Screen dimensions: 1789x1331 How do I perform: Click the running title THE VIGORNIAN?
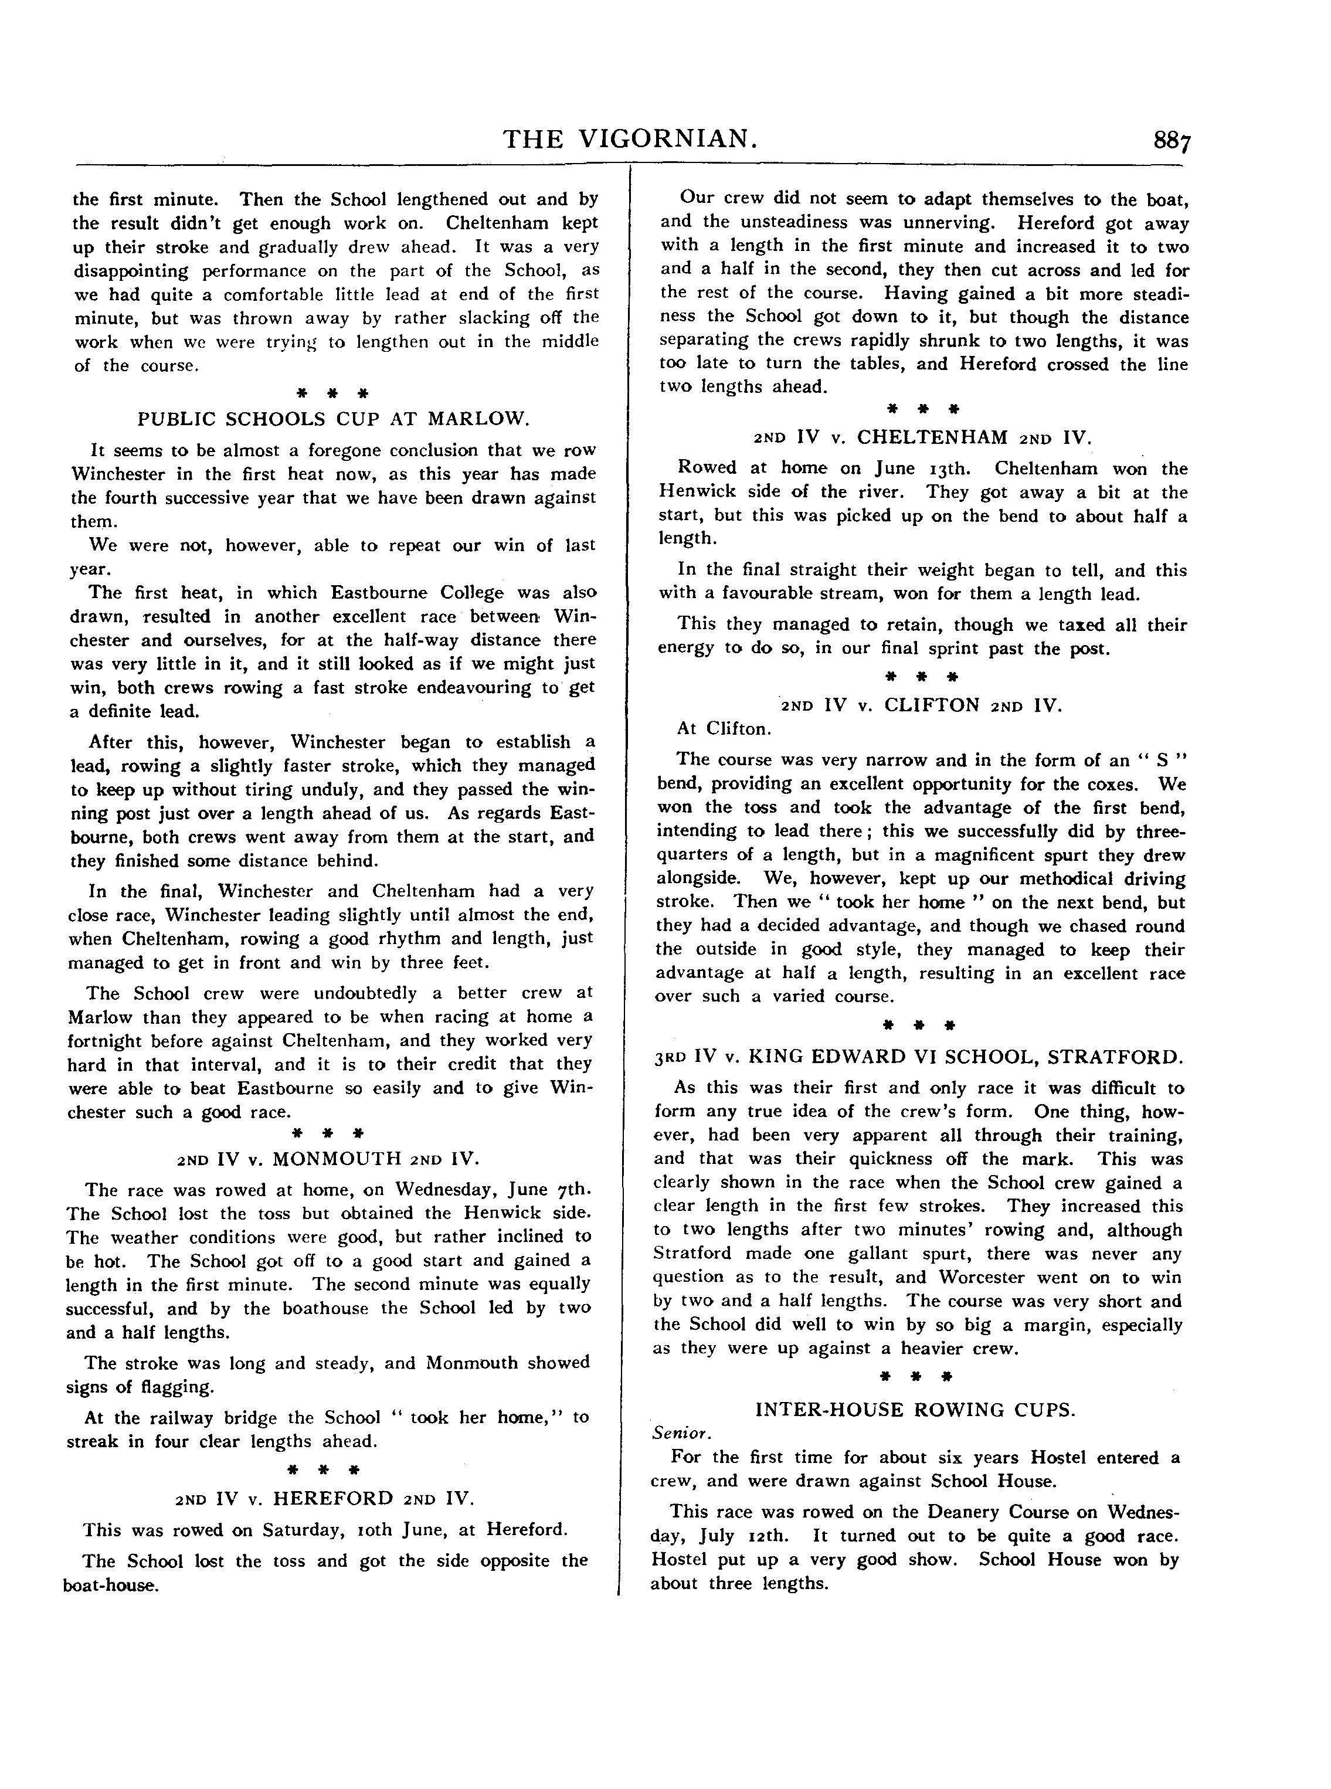click(x=630, y=140)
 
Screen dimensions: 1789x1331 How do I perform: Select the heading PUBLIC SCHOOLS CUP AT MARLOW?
click(x=334, y=419)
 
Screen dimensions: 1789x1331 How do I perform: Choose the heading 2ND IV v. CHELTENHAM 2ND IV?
click(x=922, y=437)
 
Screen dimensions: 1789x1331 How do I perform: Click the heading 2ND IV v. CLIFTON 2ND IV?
click(x=922, y=705)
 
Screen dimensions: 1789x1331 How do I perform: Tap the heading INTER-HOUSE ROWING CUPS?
click(x=915, y=1410)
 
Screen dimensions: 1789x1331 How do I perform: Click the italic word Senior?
click(x=681, y=1434)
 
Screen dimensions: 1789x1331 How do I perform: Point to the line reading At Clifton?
click(x=724, y=729)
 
